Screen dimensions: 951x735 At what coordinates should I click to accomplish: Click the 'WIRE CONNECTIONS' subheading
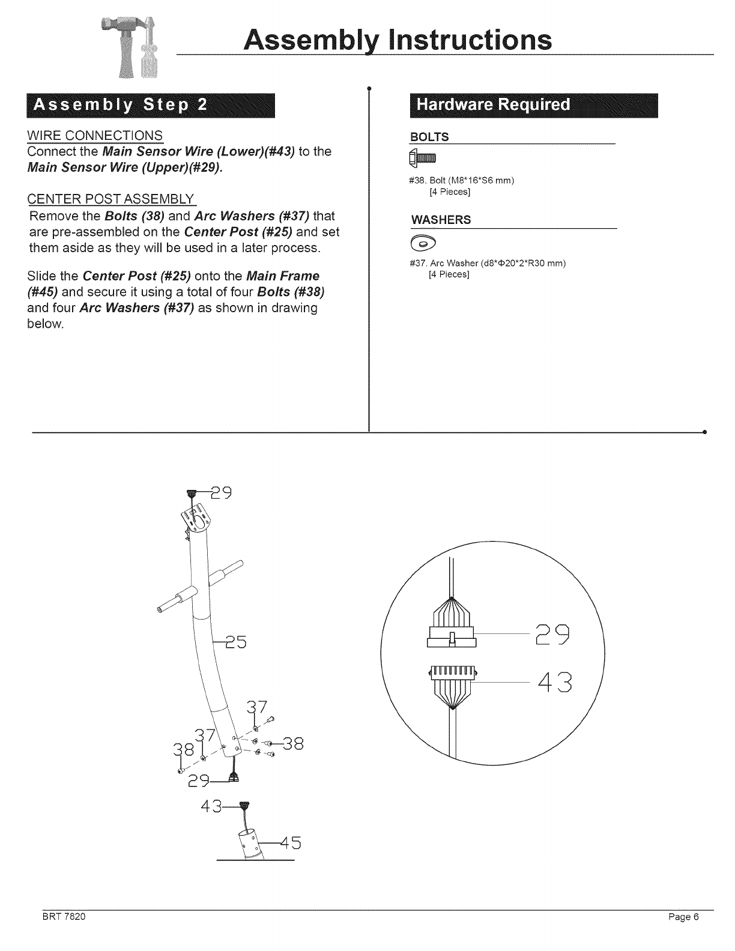pos(95,134)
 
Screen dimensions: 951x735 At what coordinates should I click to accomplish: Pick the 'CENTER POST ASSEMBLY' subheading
pos(112,199)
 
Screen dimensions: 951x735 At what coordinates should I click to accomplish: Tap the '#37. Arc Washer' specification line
pos(487,264)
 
